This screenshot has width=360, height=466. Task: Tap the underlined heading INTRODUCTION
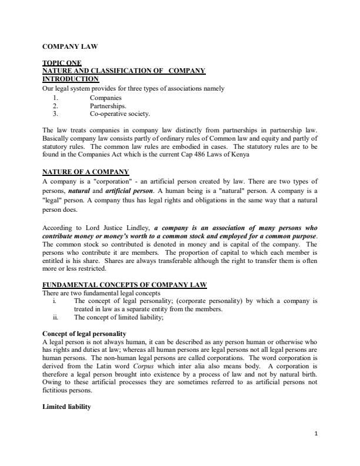[x=71, y=79]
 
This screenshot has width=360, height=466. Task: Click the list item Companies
[x=106, y=97]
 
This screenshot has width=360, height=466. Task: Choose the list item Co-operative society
[x=119, y=114]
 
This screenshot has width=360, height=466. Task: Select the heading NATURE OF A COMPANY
[x=85, y=172]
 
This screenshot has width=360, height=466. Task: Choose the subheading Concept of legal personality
[x=85, y=334]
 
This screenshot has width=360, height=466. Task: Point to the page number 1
[x=316, y=450]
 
